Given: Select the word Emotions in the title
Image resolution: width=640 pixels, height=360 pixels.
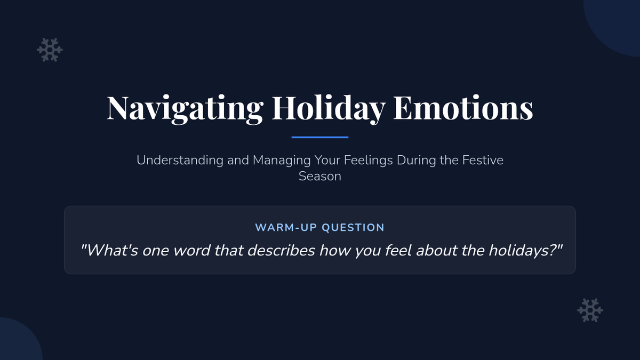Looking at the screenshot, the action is tap(463, 107).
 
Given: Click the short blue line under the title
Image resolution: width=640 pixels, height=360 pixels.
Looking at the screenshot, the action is tap(320, 138).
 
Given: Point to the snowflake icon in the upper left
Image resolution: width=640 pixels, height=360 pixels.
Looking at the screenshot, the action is tap(50, 50).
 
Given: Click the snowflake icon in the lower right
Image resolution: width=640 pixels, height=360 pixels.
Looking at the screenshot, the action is tap(590, 310).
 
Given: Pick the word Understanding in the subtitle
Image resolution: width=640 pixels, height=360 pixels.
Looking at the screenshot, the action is tap(180, 161).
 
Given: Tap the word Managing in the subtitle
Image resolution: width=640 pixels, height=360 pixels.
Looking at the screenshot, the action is tap(282, 161).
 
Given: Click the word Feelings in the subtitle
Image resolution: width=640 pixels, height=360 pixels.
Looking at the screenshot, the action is tap(369, 161).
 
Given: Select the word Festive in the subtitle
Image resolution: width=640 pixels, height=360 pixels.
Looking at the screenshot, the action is tap(483, 160).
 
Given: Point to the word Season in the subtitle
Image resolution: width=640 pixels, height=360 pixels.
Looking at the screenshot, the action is tap(320, 177).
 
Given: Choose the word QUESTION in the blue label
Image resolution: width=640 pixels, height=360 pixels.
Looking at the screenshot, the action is tap(353, 228).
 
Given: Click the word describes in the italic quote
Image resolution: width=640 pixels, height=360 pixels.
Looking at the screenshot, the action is tap(281, 250).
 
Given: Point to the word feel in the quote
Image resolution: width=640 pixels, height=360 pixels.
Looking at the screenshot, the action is tap(398, 250).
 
